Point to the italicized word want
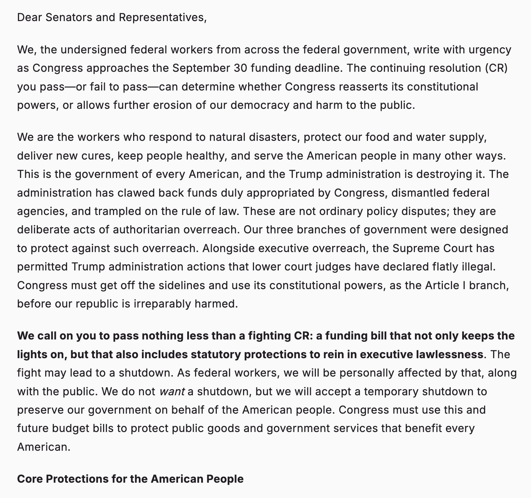[x=172, y=392]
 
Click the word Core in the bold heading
[x=30, y=479]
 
